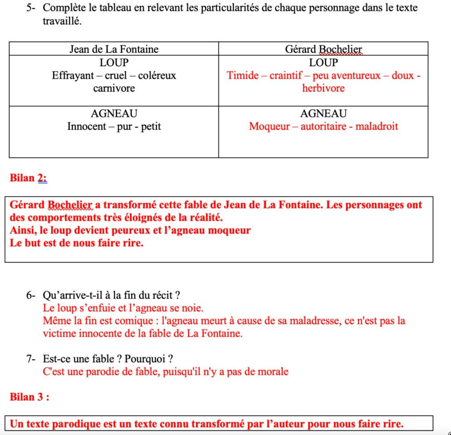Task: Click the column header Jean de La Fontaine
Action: coord(114,49)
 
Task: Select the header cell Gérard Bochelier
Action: coord(323,49)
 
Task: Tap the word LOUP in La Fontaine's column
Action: coord(114,62)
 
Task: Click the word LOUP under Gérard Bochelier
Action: coord(323,62)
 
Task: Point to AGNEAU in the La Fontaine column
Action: coord(114,113)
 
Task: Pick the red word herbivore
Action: coord(323,88)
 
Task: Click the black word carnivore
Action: coord(114,88)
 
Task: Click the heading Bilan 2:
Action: coord(28,178)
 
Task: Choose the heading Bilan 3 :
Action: coord(29,397)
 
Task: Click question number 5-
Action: coord(32,8)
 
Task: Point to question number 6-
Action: coord(32,295)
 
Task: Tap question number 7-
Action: coord(32,359)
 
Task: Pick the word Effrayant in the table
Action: coord(73,75)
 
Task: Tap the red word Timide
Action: coord(243,75)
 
